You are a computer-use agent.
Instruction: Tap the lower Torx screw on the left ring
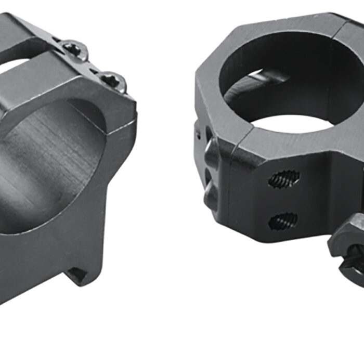coord(111,81)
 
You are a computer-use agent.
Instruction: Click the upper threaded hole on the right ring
coord(284,179)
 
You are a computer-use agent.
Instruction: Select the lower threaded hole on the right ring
coord(283,222)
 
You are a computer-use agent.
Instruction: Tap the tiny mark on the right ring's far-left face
coord(198,134)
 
